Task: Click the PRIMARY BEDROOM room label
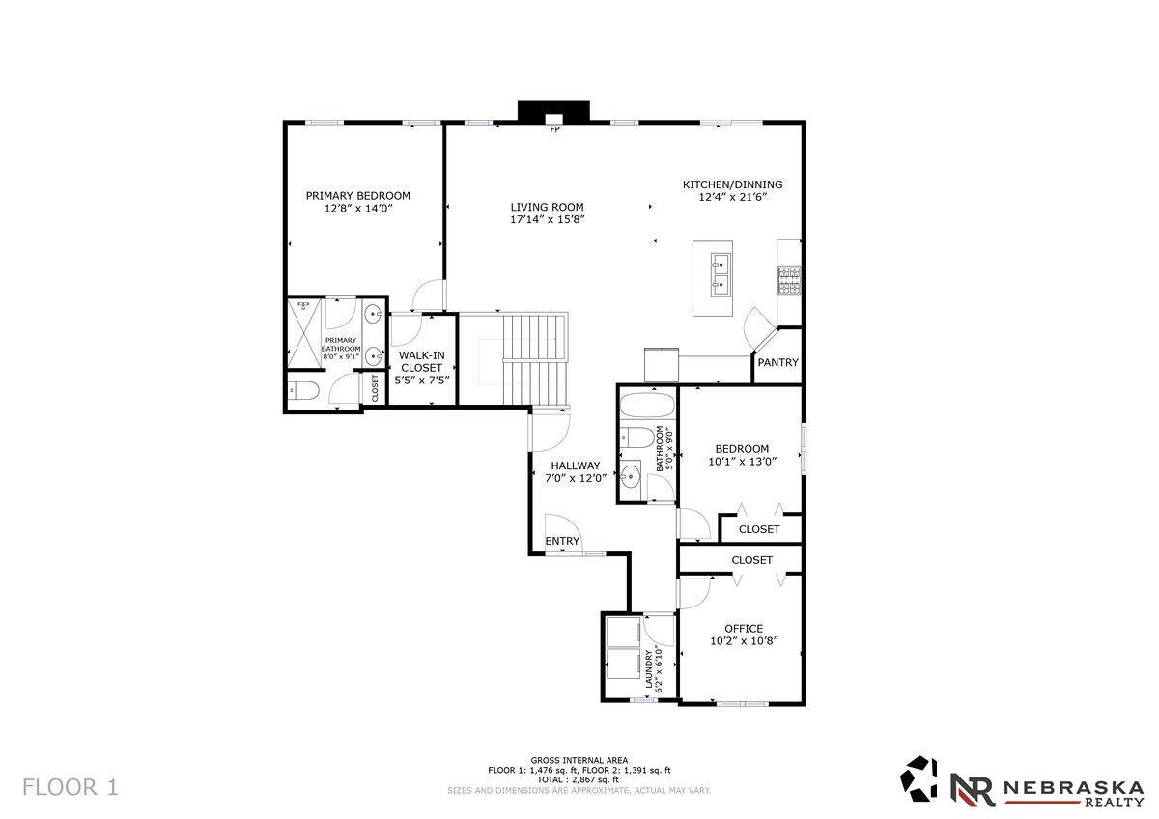357,195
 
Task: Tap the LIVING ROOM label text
547,207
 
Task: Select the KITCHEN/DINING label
732,184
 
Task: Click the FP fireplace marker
554,129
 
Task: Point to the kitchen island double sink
719,272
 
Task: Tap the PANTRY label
777,363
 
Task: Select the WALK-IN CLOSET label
421,361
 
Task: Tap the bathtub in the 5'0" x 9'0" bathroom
647,404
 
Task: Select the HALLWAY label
576,466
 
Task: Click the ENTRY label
562,541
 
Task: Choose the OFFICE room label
743,629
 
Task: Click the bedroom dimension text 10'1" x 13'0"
742,461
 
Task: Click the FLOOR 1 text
70,787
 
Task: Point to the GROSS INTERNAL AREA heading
579,760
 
